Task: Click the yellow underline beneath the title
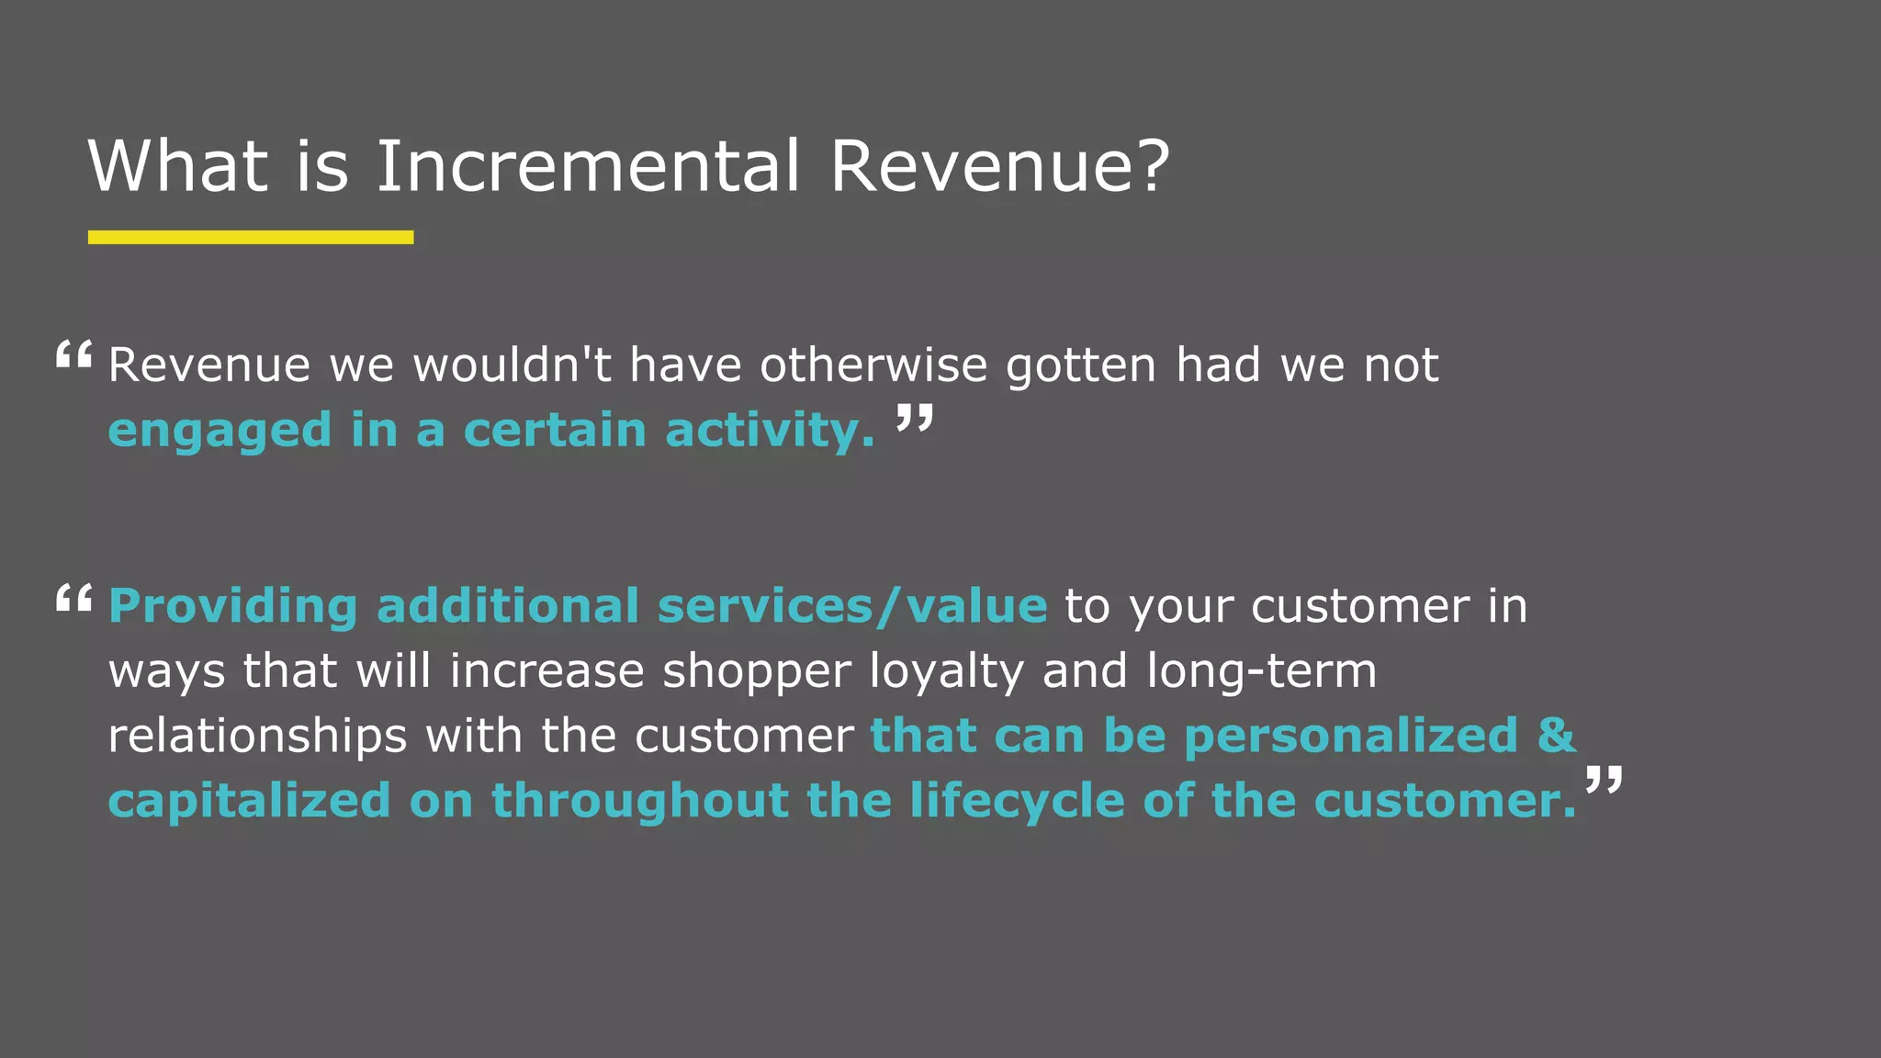tap(251, 237)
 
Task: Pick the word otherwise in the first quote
tap(873, 366)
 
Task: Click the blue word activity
tap(770, 432)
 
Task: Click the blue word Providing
tap(233, 607)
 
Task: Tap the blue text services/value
tap(852, 607)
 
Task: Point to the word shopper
tap(757, 672)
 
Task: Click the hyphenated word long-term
tap(1262, 671)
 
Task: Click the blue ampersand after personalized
tap(1557, 736)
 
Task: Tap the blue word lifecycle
tap(1017, 802)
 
